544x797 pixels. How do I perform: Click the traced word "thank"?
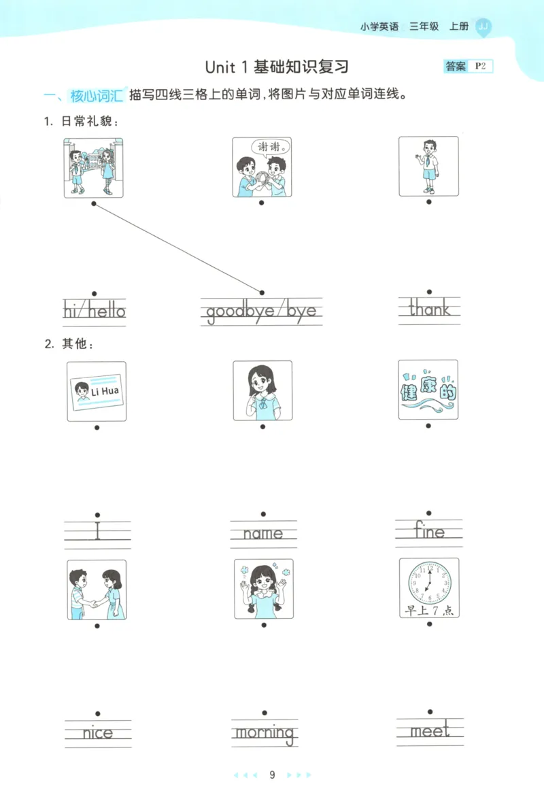pyautogui.click(x=429, y=310)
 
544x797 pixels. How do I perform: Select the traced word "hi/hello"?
pyautogui.click(x=95, y=311)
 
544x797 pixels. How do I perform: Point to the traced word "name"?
pyautogui.click(x=263, y=534)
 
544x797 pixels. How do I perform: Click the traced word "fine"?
pyautogui.click(x=429, y=531)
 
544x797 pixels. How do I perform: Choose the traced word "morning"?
pyautogui.click(x=265, y=733)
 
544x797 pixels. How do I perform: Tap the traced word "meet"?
pyautogui.click(x=430, y=731)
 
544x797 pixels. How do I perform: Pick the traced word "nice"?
pyautogui.click(x=98, y=733)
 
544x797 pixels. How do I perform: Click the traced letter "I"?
pyautogui.click(x=98, y=530)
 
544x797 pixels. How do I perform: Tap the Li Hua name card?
pyautogui.click(x=96, y=391)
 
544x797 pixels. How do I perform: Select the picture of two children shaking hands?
pyautogui.click(x=97, y=590)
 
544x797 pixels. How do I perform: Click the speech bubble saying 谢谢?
pyautogui.click(x=271, y=147)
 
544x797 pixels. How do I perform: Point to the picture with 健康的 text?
pyautogui.click(x=428, y=390)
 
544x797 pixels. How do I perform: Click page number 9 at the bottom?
pyautogui.click(x=272, y=775)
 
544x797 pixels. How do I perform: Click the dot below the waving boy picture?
pyautogui.click(x=428, y=201)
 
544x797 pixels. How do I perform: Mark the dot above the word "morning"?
pyautogui.click(x=264, y=713)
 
